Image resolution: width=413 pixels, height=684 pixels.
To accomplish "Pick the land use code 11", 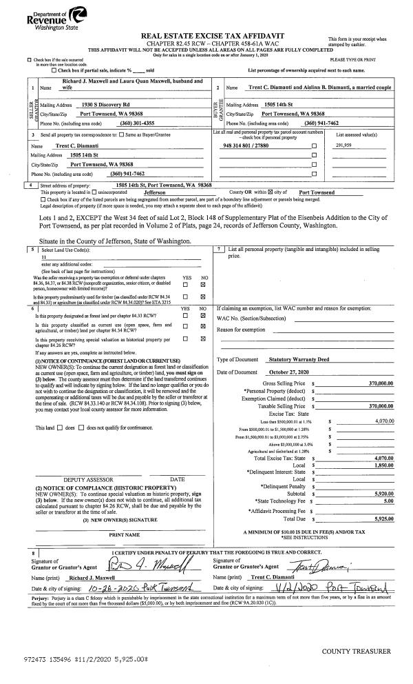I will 43,254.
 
